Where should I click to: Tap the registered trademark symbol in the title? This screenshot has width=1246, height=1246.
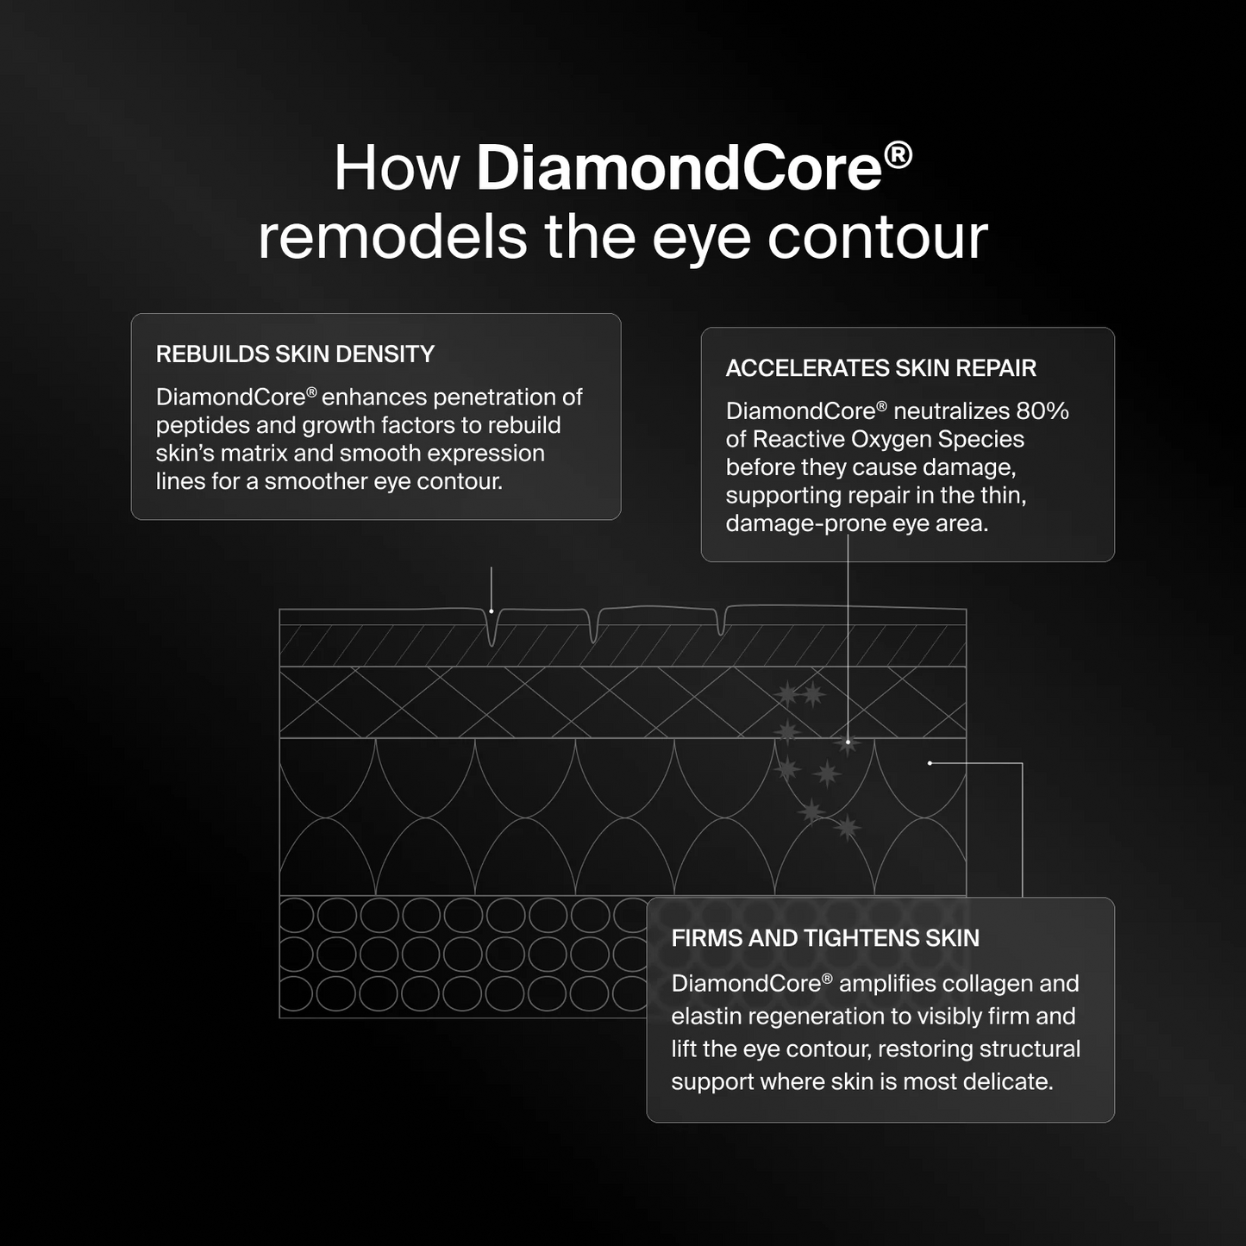(898, 155)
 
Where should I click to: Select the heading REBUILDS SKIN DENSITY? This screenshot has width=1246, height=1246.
(295, 354)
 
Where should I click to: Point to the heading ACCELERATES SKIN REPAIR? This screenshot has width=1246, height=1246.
(880, 368)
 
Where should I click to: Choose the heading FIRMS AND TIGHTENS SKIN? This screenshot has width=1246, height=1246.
(825, 938)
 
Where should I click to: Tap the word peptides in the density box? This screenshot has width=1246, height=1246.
(203, 426)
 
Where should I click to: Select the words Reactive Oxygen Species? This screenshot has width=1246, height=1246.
(888, 440)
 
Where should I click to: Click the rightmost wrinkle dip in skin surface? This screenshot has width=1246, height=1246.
(721, 623)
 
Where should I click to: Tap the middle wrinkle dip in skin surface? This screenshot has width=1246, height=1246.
(593, 628)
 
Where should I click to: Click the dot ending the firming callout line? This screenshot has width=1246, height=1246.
(930, 763)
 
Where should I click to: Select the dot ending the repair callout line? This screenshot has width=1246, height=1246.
(848, 742)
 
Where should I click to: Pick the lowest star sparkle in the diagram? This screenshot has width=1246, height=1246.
(847, 828)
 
